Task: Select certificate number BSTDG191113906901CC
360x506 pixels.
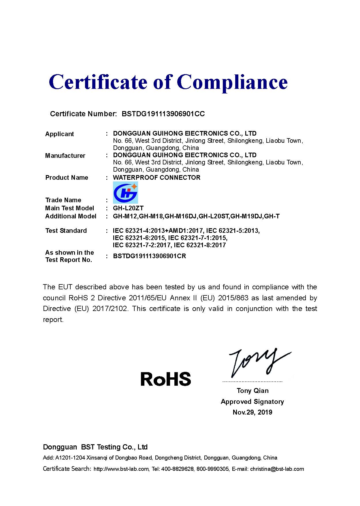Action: click(163, 114)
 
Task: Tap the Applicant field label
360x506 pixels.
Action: click(59, 134)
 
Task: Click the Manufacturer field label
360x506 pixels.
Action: click(65, 155)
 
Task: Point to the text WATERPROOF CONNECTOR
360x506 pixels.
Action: click(157, 177)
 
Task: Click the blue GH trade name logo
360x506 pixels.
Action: click(125, 192)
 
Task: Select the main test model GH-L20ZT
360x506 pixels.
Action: click(128, 208)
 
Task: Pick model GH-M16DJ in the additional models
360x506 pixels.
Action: click(181, 216)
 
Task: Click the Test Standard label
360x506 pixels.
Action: click(66, 230)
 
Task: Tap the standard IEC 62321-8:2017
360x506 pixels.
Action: click(200, 245)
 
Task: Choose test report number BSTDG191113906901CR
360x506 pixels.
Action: click(149, 256)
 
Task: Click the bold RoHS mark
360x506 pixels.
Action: click(166, 379)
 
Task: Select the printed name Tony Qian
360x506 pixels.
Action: click(252, 391)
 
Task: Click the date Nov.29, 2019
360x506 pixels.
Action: click(252, 412)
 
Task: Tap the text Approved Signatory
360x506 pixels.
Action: click(252, 402)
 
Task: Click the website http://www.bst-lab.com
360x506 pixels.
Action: click(121, 469)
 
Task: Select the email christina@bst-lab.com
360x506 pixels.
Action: click(277, 469)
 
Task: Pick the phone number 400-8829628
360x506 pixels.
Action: click(178, 469)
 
